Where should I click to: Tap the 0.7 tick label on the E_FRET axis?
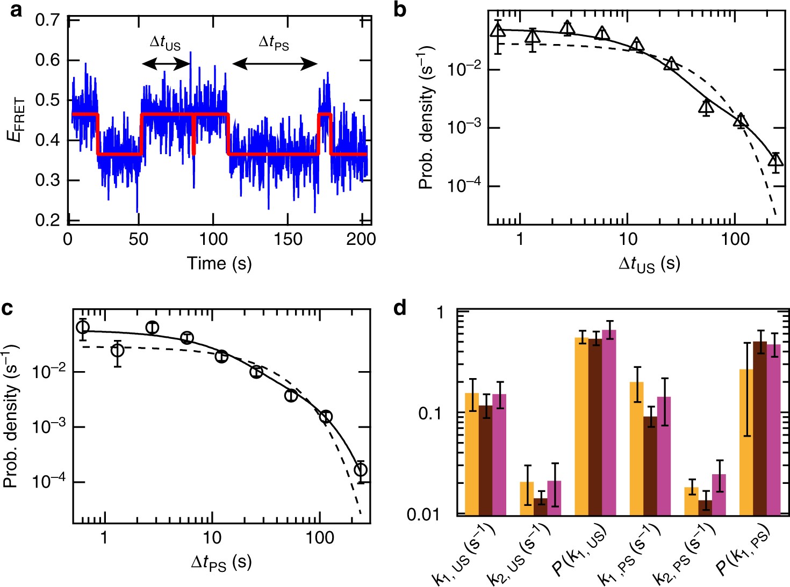click(47, 21)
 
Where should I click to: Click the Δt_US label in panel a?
click(164, 43)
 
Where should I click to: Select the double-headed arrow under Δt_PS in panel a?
click(275, 64)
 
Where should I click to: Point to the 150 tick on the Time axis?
click(288, 239)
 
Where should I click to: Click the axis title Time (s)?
click(219, 263)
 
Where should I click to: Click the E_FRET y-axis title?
click(16, 119)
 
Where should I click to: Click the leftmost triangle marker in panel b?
click(498, 30)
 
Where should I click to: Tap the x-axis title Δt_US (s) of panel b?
click(649, 264)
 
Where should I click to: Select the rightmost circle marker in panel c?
click(361, 470)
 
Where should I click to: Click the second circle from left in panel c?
click(117, 351)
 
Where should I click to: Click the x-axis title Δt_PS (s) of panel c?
click(221, 563)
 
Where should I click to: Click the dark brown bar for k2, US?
click(541, 506)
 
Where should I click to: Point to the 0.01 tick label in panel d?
click(423, 515)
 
